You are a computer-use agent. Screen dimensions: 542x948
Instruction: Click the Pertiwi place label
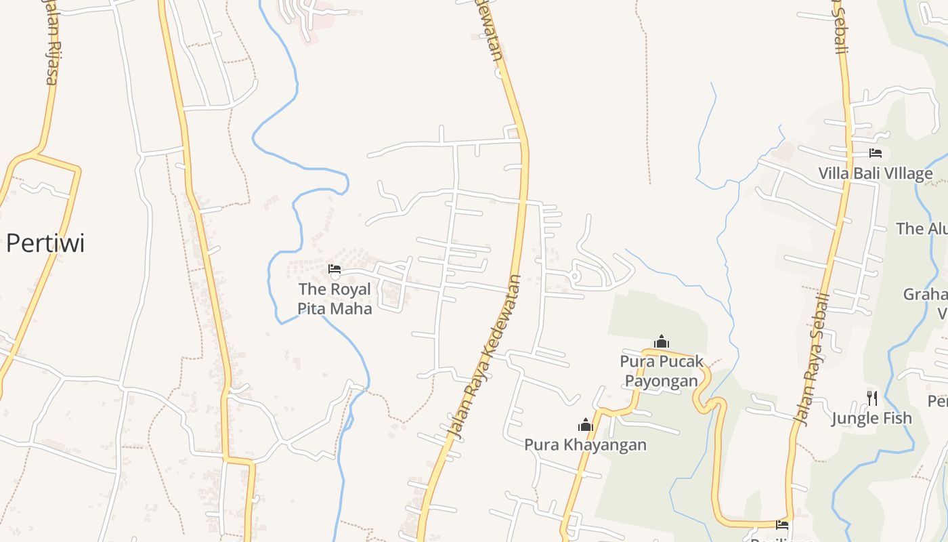pos(45,243)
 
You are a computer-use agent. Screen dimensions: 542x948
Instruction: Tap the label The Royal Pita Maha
pos(335,299)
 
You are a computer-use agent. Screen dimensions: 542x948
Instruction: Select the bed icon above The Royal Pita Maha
pos(335,269)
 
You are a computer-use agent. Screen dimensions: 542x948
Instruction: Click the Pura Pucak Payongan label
pos(662,371)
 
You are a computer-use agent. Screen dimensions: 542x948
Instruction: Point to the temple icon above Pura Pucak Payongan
pos(662,341)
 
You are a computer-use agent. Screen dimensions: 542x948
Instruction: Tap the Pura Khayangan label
pos(585,444)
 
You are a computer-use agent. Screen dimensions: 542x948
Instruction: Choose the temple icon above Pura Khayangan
pos(585,425)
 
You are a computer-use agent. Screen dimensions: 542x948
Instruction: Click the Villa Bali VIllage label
pos(875,173)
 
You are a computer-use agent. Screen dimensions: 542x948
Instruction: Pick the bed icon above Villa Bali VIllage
pos(875,153)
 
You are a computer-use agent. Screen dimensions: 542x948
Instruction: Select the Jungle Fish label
pos(871,418)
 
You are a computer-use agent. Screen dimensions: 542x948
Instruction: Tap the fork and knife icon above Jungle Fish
pos(871,398)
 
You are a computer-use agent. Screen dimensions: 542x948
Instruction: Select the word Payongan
pos(661,381)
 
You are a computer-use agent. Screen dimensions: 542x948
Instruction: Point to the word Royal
pos(351,289)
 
